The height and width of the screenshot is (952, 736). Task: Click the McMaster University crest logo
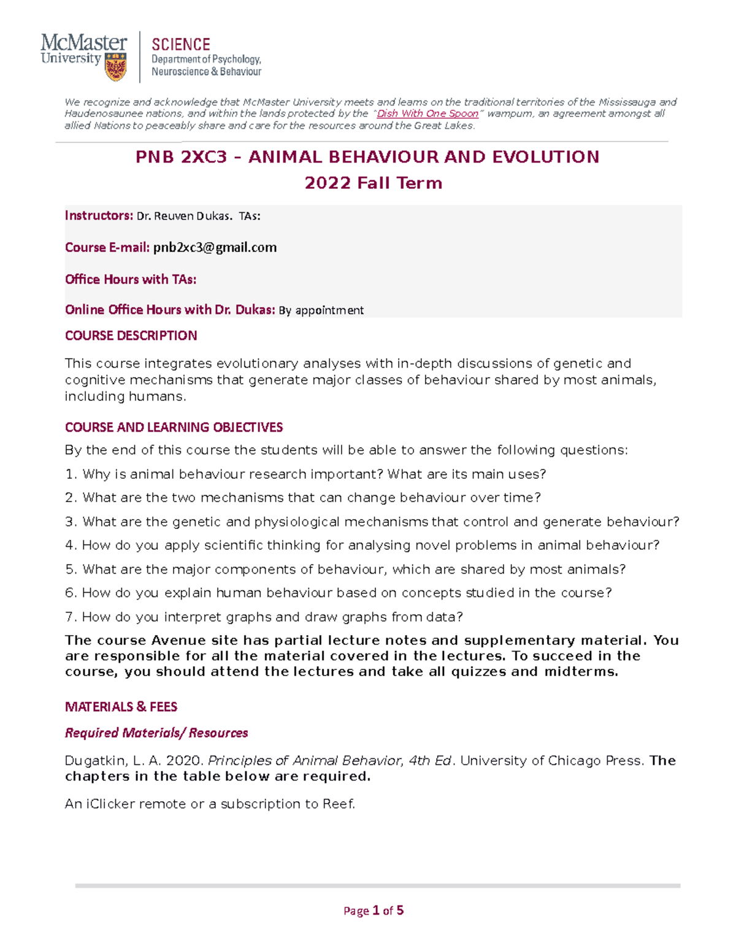(116, 67)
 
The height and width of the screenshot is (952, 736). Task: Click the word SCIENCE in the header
(181, 45)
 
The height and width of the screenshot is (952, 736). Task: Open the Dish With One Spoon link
(427, 113)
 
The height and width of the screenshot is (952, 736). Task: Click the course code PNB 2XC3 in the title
(181, 157)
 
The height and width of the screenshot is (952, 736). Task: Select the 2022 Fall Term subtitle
(373, 183)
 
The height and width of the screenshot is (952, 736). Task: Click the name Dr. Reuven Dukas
(184, 216)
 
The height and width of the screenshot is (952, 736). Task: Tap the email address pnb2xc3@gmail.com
(215, 247)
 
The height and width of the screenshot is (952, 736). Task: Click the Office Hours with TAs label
(131, 279)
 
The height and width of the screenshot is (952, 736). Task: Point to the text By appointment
(321, 310)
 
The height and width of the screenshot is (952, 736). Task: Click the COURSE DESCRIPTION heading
(131, 335)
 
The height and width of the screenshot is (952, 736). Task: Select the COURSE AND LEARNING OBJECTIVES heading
(174, 427)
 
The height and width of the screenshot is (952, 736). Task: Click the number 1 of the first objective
(69, 474)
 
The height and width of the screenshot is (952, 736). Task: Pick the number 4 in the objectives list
(69, 546)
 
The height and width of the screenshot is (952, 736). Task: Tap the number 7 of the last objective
(69, 617)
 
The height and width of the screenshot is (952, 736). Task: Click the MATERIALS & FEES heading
(121, 707)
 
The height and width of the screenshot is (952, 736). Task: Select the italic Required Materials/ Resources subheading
(156, 733)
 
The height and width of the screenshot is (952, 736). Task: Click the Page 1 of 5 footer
(373, 910)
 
